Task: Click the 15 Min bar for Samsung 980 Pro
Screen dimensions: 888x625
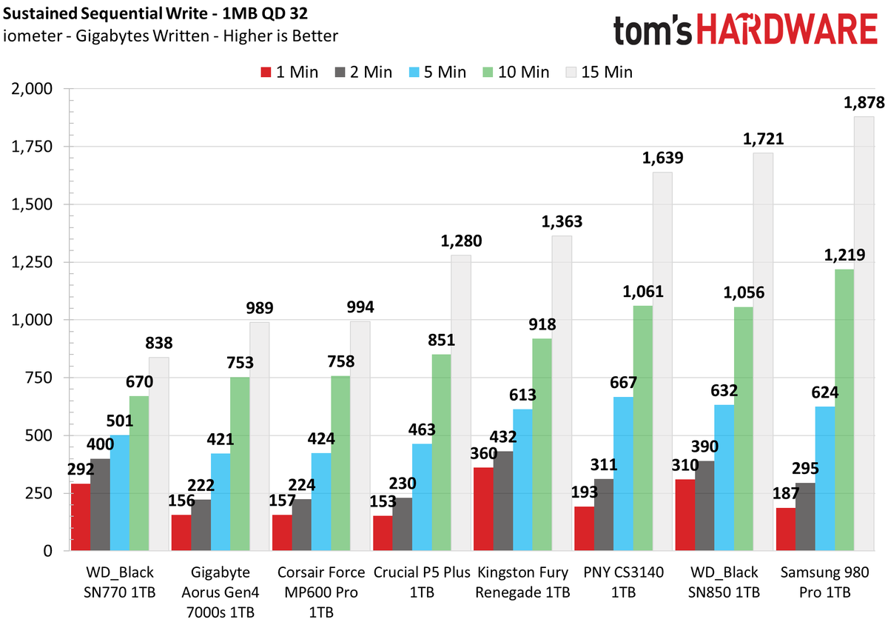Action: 864,333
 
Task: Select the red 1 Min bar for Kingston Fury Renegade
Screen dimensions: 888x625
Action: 484,509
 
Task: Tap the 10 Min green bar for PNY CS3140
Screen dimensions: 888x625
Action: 643,428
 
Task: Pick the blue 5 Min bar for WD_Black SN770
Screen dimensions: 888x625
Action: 120,492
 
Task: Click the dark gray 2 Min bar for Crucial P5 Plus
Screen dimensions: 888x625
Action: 402,524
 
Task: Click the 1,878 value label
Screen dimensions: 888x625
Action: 864,103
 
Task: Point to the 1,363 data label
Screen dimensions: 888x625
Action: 562,222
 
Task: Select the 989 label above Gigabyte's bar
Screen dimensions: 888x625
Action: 260,308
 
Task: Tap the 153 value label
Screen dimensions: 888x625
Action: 383,501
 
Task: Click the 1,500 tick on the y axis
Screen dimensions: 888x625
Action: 32,204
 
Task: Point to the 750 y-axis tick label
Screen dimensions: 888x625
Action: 38,378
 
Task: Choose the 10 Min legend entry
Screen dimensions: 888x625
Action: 516,73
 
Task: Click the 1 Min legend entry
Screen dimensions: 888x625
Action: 289,73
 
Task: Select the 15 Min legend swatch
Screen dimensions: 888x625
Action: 571,73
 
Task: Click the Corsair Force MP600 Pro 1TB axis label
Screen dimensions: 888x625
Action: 321,592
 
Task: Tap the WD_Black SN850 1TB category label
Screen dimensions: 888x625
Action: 724,582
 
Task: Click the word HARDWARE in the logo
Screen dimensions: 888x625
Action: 787,29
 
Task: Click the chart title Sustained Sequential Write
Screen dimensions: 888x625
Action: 105,13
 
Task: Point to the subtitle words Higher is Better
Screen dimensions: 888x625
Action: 280,36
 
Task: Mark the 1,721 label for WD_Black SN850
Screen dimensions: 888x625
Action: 763,139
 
